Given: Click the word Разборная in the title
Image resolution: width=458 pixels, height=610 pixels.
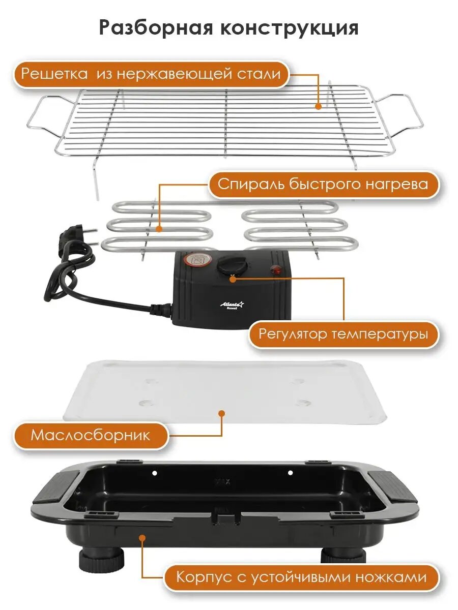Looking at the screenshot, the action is click(156, 28).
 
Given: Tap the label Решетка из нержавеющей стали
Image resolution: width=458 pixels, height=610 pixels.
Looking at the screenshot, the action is click(151, 74).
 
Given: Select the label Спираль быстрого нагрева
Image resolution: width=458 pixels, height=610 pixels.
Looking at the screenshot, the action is click(323, 184).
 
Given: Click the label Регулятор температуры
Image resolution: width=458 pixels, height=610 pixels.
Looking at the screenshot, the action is click(343, 334).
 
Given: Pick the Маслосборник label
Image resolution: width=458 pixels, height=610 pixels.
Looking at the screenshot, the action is click(91, 435).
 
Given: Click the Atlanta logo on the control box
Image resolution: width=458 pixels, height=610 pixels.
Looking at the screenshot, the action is click(232, 305).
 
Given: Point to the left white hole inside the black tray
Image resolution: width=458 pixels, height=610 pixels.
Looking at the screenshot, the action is click(155, 473).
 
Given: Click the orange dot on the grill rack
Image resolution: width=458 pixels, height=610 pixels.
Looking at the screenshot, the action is click(318, 106).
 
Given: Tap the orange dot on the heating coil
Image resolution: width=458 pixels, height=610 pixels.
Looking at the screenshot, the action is click(159, 229).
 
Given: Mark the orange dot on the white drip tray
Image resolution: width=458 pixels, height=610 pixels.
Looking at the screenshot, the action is click(222, 414).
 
